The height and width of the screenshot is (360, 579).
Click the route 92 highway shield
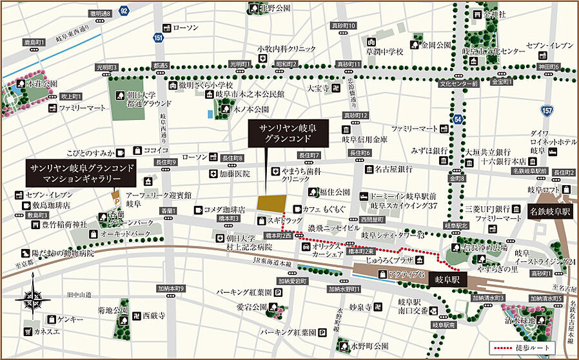click(124, 10)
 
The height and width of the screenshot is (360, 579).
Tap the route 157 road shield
click(547, 112)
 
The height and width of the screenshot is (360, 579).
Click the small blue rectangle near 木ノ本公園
click(210, 114)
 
